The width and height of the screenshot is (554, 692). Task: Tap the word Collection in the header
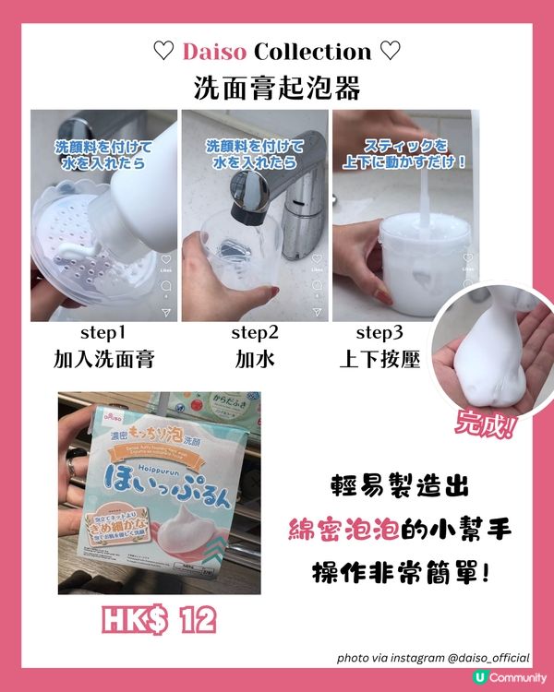click(x=317, y=52)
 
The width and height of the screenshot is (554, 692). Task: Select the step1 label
click(x=102, y=333)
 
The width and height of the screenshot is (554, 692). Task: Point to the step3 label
click(x=379, y=333)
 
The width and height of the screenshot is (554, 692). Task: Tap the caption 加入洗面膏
click(x=102, y=359)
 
